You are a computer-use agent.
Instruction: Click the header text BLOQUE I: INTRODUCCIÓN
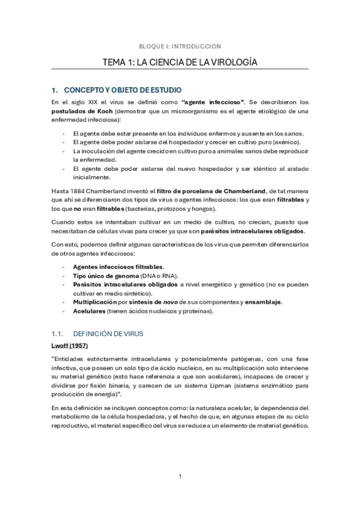click(x=180, y=46)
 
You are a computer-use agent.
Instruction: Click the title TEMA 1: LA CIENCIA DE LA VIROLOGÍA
click(x=180, y=62)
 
